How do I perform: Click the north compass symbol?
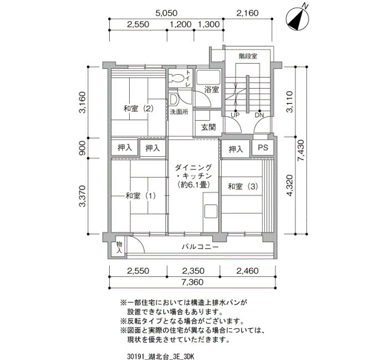coord(298,18)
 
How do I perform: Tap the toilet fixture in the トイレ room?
coord(177,78)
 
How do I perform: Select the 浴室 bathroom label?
coord(212,90)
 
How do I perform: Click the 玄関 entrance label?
coord(208,127)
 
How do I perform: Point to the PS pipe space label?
coord(263,148)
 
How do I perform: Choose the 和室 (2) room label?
coord(139,109)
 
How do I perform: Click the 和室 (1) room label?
coord(141,196)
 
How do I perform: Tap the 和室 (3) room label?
coord(243,187)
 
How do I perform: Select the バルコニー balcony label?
coord(200,247)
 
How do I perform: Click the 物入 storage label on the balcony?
coord(120,248)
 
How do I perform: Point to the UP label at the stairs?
coord(235,115)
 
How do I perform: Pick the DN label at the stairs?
coord(259,115)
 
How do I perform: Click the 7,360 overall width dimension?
coord(192,282)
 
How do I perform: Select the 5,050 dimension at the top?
coord(166,13)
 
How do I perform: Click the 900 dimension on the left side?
coord(83,148)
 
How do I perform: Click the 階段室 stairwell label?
coord(248,56)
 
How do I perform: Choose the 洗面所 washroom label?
coord(179,112)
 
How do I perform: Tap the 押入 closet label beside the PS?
coord(236,150)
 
